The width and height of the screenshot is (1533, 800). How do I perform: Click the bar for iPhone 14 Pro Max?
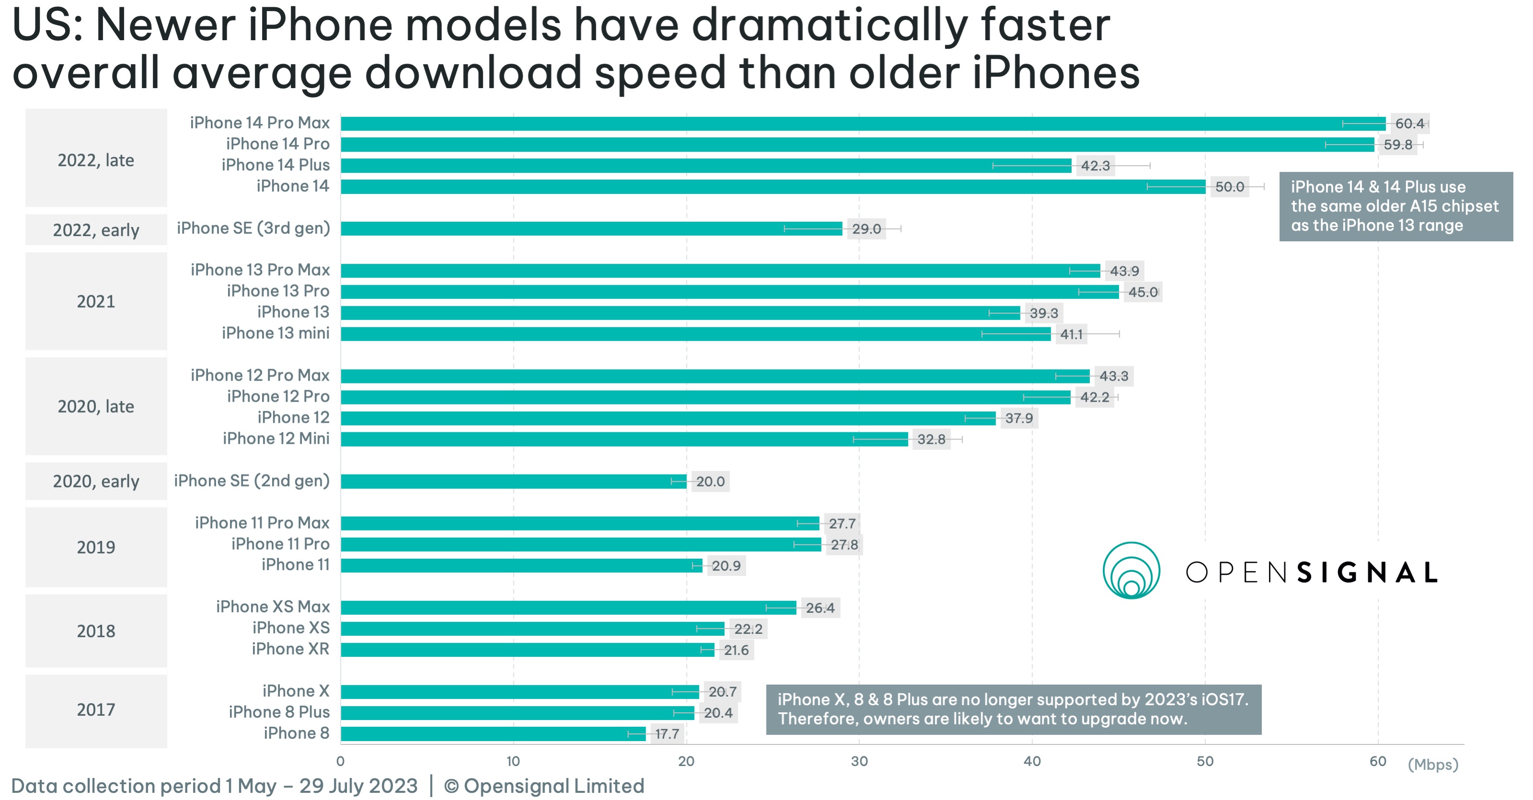coord(863,124)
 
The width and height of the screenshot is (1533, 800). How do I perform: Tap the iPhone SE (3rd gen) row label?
coord(253,228)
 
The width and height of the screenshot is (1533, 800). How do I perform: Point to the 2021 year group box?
coord(96,302)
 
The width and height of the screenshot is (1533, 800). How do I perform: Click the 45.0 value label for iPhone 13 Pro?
coord(1143,292)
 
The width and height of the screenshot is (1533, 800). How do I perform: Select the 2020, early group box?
coord(96,481)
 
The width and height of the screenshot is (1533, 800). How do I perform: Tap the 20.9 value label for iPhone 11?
coord(726,566)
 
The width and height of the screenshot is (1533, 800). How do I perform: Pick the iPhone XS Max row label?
coord(273,607)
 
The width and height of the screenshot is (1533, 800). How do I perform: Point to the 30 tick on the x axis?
coord(859,761)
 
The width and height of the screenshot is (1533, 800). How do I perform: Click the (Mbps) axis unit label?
coord(1432,764)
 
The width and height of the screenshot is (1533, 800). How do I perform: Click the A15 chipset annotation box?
coord(1396,206)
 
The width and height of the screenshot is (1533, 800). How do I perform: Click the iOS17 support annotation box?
coord(1013,709)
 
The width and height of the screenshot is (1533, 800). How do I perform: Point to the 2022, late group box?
coord(96,160)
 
